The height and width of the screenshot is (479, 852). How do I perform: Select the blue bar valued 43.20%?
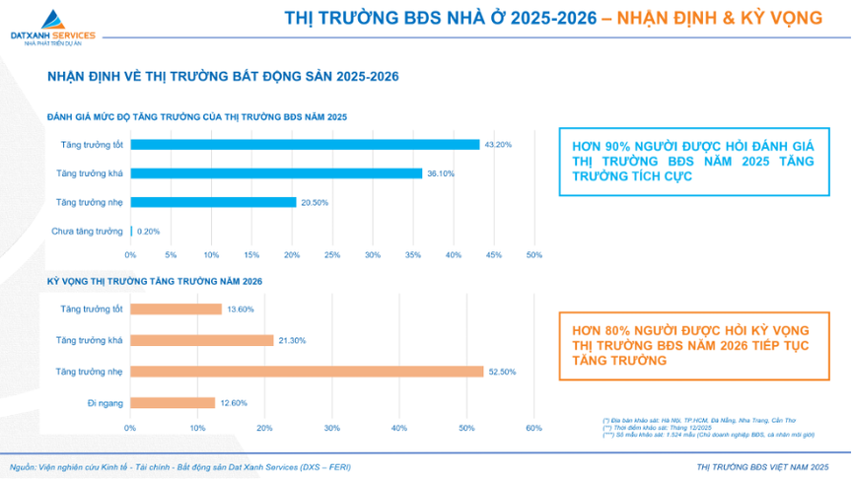(305, 144)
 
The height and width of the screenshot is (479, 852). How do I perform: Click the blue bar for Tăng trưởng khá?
(276, 173)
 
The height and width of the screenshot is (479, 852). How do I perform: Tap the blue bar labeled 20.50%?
(213, 202)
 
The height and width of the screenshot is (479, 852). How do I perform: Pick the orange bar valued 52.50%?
(306, 372)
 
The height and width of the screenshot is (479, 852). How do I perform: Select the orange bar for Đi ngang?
(172, 402)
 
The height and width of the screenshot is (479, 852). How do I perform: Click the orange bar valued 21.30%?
(201, 340)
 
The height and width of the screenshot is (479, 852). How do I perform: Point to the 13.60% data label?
(241, 309)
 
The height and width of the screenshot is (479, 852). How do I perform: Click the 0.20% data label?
(148, 232)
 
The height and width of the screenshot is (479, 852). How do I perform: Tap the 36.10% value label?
(440, 173)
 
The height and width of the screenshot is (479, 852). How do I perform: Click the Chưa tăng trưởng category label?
(87, 232)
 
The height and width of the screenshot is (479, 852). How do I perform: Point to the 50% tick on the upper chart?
(534, 255)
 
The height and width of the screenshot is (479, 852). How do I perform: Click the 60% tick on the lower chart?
(533, 428)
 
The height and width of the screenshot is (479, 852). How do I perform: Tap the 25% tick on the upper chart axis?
(332, 255)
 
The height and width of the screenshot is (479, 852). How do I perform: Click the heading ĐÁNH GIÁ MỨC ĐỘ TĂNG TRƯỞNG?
(196, 117)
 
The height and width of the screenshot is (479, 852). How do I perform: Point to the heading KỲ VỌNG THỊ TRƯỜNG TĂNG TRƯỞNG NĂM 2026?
(155, 282)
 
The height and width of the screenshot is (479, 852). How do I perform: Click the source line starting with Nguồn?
(179, 467)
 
